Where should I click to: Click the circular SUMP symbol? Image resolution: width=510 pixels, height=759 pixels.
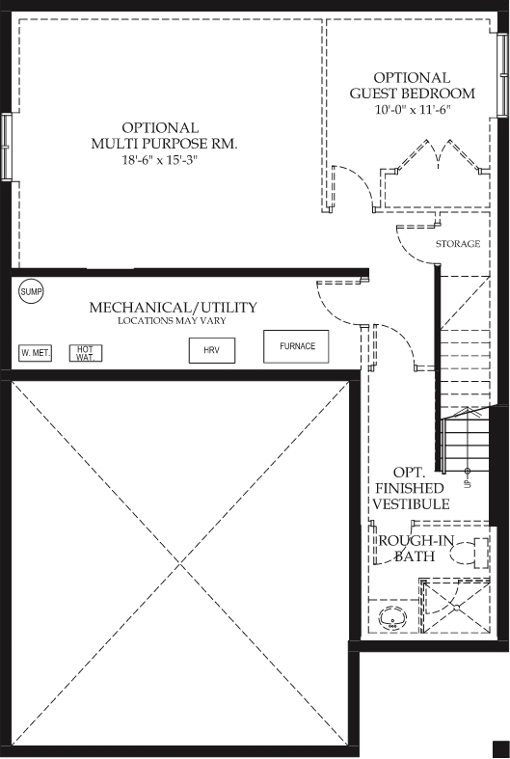31,291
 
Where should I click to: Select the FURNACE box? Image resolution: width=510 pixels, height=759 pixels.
296,346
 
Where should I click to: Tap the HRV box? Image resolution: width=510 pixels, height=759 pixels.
212,350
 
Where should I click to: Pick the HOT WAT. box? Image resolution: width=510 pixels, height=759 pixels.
86,353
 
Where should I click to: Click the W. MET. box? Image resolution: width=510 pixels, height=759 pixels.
35,353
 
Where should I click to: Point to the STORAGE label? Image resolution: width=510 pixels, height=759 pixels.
458,243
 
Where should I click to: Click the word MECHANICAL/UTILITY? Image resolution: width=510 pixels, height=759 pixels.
174,308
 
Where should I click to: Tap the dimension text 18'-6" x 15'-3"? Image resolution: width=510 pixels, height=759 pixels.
160,160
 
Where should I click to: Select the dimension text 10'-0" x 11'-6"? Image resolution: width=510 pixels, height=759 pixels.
413,109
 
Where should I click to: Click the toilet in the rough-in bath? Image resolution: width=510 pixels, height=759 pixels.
470,553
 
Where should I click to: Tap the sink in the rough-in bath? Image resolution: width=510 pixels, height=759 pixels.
392,617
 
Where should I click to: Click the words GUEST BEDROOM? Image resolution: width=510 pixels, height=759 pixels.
413,93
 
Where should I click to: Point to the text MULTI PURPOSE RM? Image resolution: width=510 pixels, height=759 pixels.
165,144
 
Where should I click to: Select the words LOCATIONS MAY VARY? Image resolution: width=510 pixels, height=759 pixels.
172,320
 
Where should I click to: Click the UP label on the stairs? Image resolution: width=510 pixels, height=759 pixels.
468,482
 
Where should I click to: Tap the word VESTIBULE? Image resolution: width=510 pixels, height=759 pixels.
412,503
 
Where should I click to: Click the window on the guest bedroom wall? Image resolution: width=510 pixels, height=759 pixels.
502,75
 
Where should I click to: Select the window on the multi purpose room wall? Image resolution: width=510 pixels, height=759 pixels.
6,147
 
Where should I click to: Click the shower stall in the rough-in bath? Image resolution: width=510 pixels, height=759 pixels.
455,606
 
